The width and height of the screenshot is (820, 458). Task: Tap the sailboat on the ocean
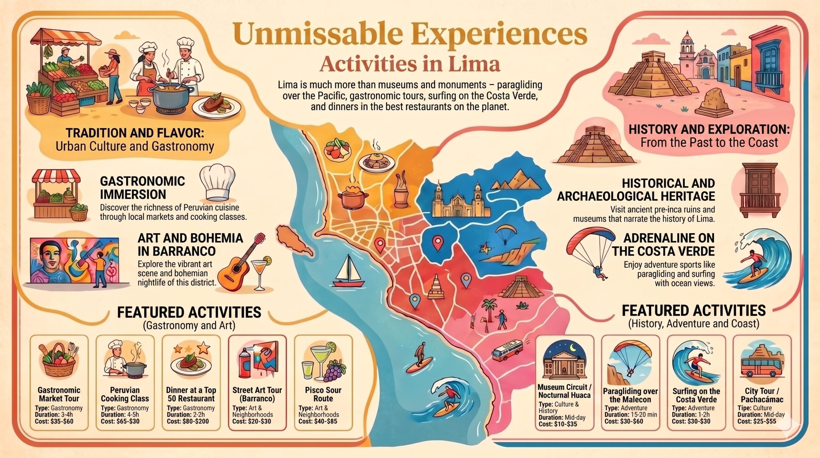pos(348,273)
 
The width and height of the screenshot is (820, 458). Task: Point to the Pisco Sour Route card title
pos(323,394)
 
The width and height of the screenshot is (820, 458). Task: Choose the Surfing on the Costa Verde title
pos(696,395)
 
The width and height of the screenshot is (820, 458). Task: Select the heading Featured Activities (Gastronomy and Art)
pos(189,318)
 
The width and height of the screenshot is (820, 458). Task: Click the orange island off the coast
pos(293,241)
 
